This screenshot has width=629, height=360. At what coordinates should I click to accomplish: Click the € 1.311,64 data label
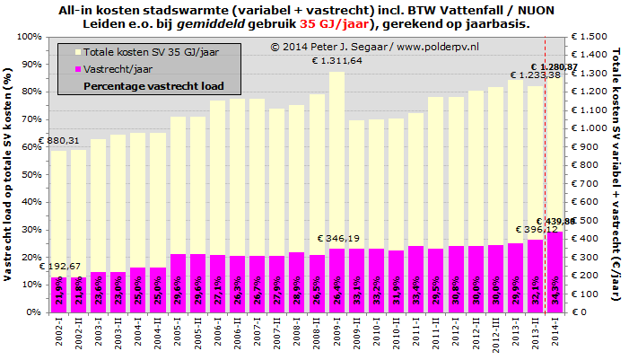coord(336,61)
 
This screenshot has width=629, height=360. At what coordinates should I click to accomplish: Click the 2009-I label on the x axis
coord(336,337)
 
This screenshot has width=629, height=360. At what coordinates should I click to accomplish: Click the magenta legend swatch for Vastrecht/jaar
coord(78,69)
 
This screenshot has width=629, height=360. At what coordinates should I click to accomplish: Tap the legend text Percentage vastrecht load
coord(153,87)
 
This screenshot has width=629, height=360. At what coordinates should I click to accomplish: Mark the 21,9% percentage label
coord(58,294)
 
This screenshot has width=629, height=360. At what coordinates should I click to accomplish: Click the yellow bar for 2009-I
coord(336,162)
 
